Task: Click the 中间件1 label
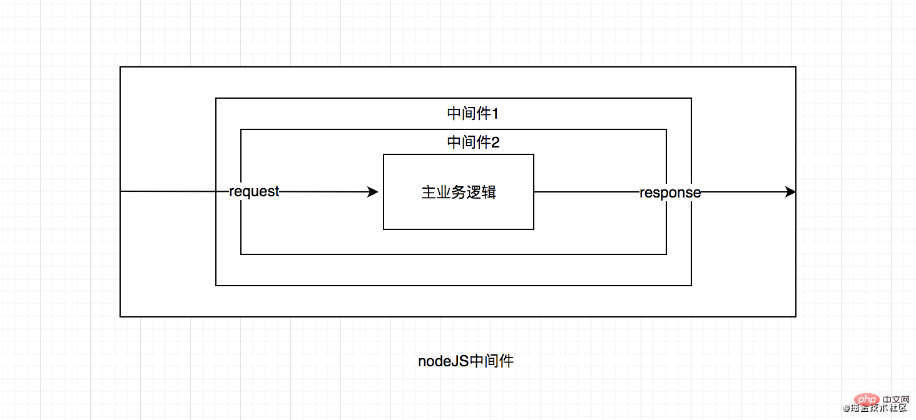click(472, 113)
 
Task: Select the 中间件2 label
click(473, 142)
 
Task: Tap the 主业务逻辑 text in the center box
click(459, 192)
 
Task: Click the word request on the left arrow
click(254, 192)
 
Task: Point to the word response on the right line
click(670, 193)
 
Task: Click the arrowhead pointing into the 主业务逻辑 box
click(372, 192)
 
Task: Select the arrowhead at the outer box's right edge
click(790, 192)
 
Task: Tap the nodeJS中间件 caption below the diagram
click(466, 361)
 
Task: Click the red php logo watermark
click(866, 399)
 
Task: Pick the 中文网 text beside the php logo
click(895, 399)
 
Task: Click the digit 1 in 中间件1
click(495, 114)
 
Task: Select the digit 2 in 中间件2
click(495, 142)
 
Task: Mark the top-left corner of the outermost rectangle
click(120, 67)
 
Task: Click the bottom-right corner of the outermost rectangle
click(796, 317)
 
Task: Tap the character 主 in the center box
click(429, 192)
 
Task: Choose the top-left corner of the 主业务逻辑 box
click(384, 154)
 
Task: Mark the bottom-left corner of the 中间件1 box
click(216, 285)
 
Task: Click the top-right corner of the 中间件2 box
click(666, 129)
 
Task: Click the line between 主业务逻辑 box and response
click(587, 192)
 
